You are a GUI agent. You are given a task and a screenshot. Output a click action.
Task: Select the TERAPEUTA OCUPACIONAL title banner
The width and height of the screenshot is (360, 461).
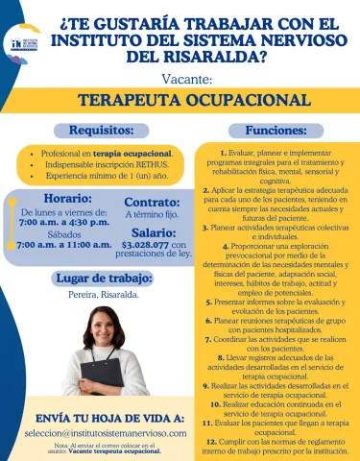180,100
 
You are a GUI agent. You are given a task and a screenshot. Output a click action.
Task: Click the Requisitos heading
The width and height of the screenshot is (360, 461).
95,130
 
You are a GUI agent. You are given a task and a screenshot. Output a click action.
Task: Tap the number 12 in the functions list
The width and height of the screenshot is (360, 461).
209,438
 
